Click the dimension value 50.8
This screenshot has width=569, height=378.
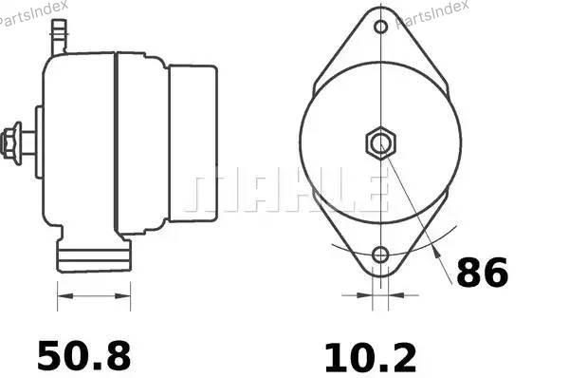pos(83,356)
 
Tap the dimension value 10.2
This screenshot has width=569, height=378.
pos(370,358)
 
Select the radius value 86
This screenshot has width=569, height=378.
pos(482,273)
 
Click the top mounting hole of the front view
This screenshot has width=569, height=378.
pos(380,27)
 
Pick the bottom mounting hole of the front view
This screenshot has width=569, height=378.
pos(380,255)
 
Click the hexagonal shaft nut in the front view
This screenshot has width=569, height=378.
pos(380,142)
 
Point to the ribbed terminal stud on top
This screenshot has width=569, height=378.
pos(59,36)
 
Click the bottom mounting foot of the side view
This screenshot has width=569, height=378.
pos(94,255)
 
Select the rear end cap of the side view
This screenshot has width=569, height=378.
pos(193,143)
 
